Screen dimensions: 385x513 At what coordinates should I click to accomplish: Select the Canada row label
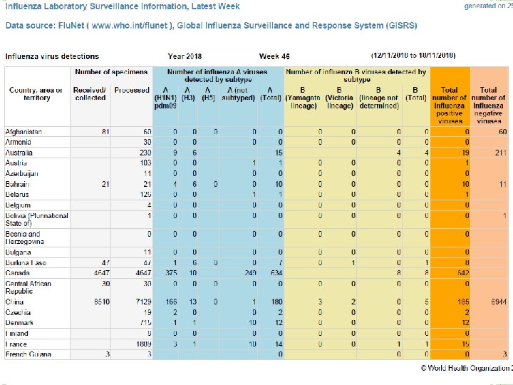pos(19,272)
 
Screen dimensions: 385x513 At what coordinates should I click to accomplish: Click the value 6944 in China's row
pos(497,302)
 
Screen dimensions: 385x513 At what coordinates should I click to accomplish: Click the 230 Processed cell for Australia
pos(143,153)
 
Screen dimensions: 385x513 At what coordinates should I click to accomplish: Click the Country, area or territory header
pos(36,93)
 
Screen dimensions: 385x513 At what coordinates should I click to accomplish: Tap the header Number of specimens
pos(112,71)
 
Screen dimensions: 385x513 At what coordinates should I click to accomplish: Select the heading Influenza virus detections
pos(52,56)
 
